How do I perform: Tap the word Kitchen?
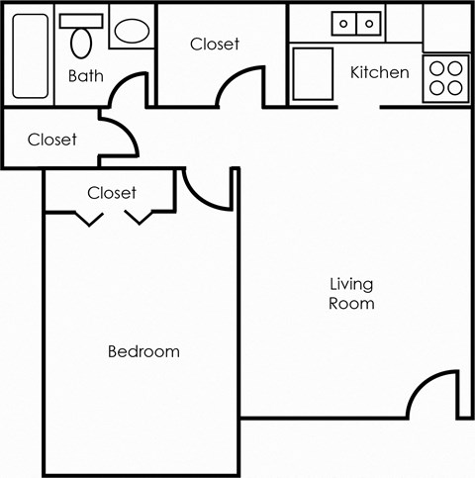(x=379, y=72)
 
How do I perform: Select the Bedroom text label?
(x=143, y=351)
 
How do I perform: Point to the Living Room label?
(x=351, y=294)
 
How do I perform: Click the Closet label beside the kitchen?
(x=214, y=45)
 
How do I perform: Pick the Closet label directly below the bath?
(x=51, y=140)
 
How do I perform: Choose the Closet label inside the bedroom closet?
(x=112, y=193)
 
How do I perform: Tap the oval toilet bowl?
(x=82, y=42)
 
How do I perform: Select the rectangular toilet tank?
(x=82, y=20)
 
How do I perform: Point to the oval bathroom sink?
(x=129, y=32)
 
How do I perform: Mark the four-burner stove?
(x=446, y=76)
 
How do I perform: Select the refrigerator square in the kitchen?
(x=313, y=74)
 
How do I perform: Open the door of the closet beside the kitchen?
(x=241, y=83)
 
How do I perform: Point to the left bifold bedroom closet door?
(x=90, y=217)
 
